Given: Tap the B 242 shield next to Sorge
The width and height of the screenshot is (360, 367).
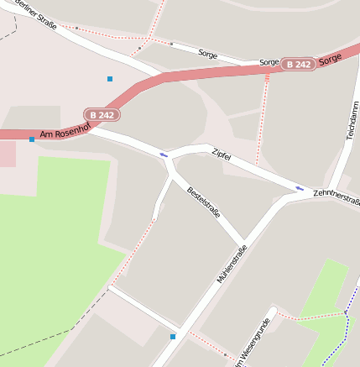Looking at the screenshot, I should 298,64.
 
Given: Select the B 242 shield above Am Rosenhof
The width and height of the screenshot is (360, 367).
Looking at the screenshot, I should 102,114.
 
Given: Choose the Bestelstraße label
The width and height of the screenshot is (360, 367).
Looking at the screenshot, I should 204,202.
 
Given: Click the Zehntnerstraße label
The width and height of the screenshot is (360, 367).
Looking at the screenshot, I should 337,198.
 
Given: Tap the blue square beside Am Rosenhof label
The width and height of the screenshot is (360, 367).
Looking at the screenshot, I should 32,139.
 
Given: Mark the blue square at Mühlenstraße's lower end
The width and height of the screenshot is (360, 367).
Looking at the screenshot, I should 173,337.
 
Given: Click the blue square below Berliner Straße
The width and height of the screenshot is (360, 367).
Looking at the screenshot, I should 109,79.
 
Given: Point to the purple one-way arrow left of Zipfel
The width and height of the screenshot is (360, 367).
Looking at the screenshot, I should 164,155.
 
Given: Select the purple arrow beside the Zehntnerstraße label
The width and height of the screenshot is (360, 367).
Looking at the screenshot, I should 300,188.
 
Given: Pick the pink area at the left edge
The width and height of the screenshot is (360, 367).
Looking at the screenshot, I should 7,153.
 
